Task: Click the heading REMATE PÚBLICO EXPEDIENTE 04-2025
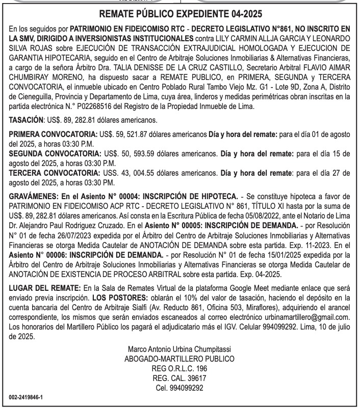[179, 14]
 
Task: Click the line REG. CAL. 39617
[179, 378]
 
